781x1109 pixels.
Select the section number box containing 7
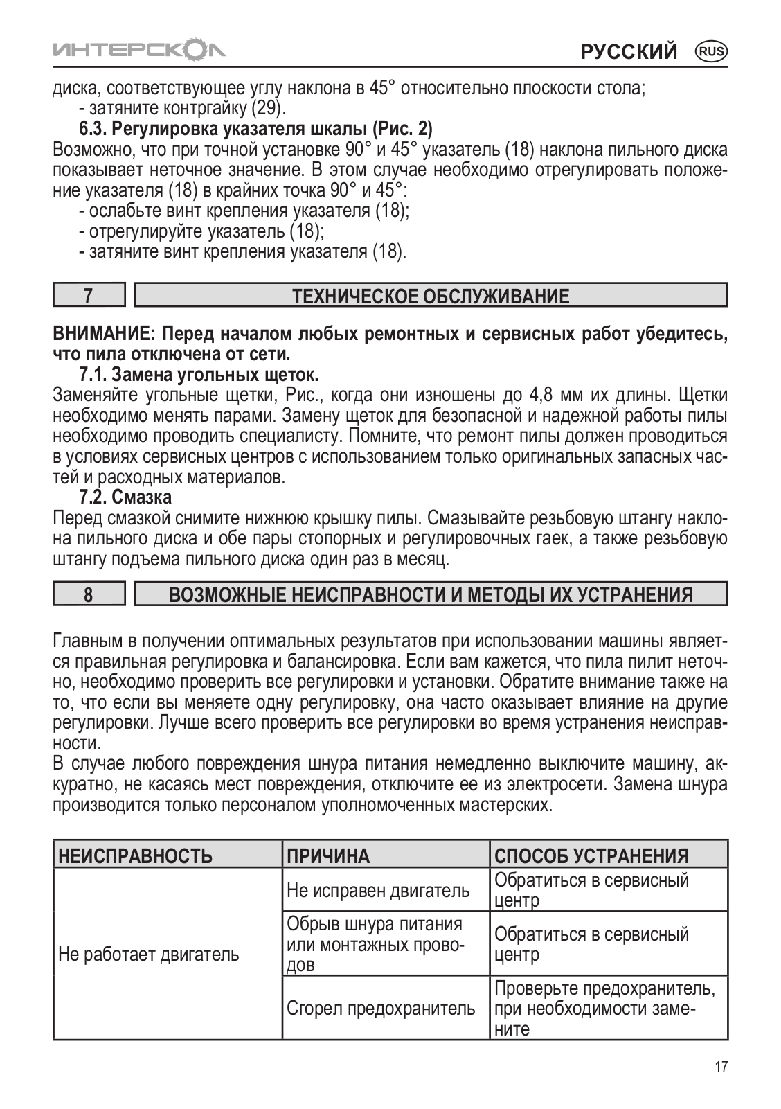(89, 296)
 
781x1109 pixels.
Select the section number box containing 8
(89, 594)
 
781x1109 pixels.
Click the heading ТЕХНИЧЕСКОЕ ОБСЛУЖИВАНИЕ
(430, 296)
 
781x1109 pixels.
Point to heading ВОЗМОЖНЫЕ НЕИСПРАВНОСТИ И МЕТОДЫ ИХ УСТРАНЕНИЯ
(430, 595)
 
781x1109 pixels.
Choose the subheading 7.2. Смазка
(125, 497)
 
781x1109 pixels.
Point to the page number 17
(720, 1067)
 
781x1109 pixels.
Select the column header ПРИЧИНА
(328, 856)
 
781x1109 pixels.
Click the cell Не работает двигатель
(149, 955)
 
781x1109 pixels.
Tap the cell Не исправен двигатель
(378, 891)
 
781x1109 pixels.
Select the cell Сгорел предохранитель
(381, 1009)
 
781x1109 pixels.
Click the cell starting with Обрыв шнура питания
(375, 944)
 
